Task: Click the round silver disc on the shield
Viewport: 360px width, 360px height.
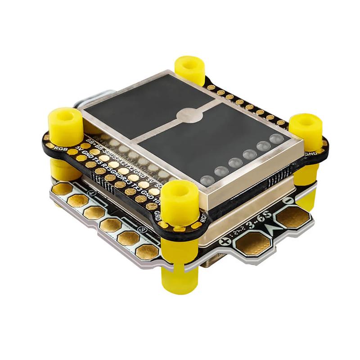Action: (x=189, y=115)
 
